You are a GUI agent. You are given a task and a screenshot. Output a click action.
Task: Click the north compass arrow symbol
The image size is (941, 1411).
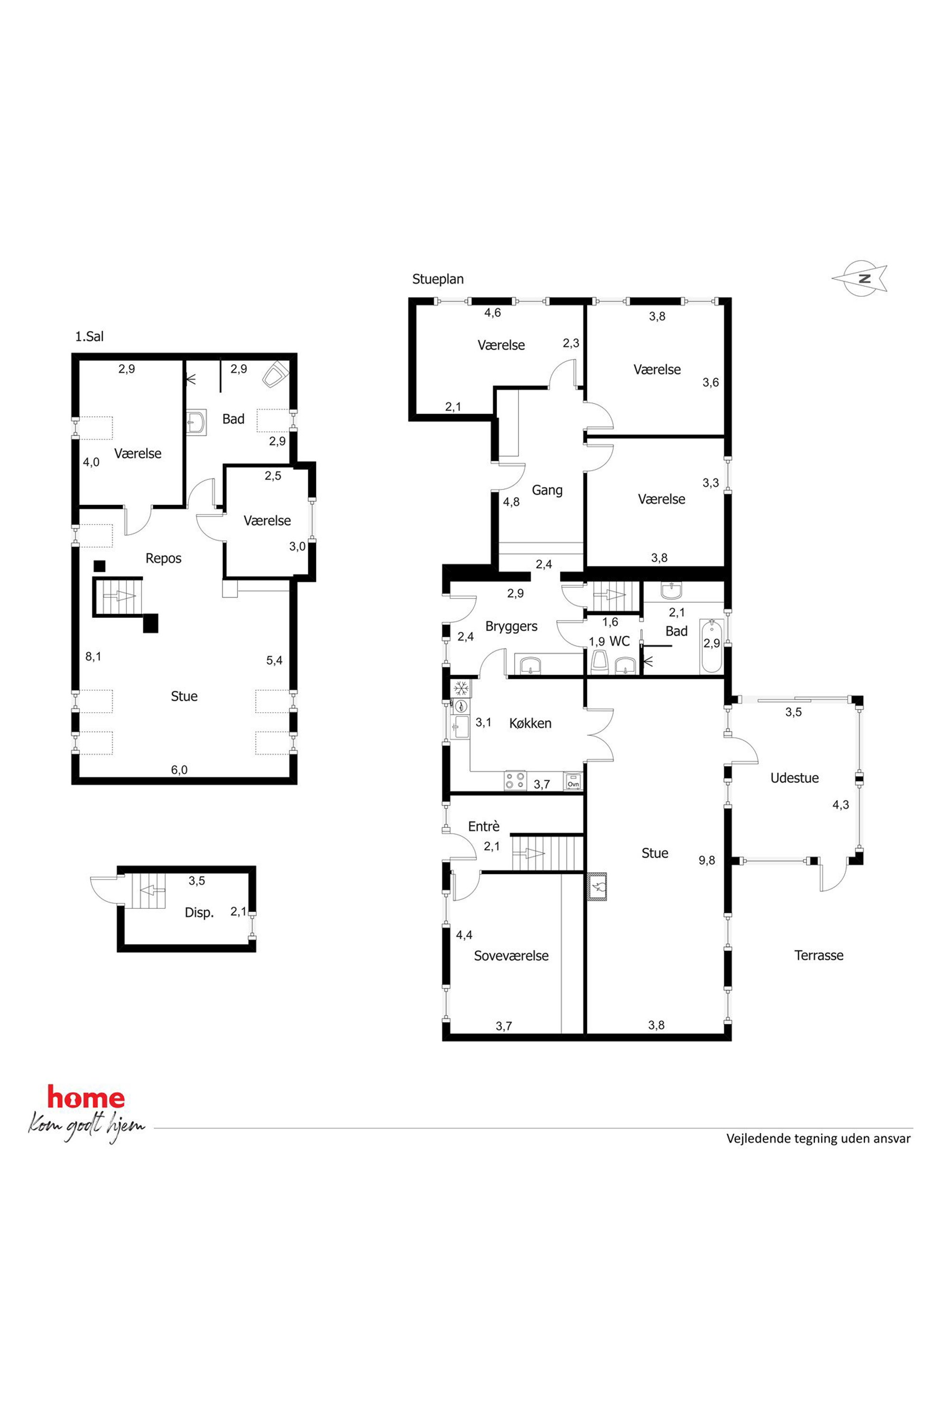click(859, 279)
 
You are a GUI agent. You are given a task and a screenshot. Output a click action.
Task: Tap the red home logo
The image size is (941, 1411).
click(86, 1098)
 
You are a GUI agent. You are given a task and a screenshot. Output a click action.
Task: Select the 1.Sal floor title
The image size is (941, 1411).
click(90, 337)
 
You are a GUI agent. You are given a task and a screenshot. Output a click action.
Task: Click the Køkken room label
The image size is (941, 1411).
click(530, 724)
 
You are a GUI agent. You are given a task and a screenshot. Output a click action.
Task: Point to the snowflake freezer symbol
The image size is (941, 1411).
click(461, 688)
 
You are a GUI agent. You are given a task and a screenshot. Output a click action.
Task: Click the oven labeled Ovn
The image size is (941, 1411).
click(573, 781)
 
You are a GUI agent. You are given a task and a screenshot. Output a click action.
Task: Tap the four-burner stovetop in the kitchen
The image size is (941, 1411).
click(515, 780)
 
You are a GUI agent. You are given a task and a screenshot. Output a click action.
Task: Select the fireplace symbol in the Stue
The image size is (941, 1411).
click(598, 886)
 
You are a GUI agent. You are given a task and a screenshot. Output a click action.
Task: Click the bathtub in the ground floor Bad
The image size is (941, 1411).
click(712, 647)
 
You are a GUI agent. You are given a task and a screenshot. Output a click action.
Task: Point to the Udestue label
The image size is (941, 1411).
click(794, 778)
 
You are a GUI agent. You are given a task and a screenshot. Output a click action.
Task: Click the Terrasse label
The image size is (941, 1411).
click(819, 956)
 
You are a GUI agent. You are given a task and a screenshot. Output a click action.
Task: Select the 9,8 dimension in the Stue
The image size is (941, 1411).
click(706, 860)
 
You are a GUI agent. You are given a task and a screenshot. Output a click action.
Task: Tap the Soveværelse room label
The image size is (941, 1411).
click(511, 956)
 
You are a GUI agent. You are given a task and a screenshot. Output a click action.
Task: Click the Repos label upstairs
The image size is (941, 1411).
click(163, 559)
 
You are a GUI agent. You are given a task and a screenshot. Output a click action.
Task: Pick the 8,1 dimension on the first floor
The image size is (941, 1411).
click(93, 656)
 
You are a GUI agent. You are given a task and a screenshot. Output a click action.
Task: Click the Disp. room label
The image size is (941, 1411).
click(199, 913)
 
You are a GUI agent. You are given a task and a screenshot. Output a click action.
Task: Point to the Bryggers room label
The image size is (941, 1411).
click(511, 626)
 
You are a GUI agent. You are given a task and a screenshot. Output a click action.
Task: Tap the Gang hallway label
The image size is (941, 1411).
click(547, 490)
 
